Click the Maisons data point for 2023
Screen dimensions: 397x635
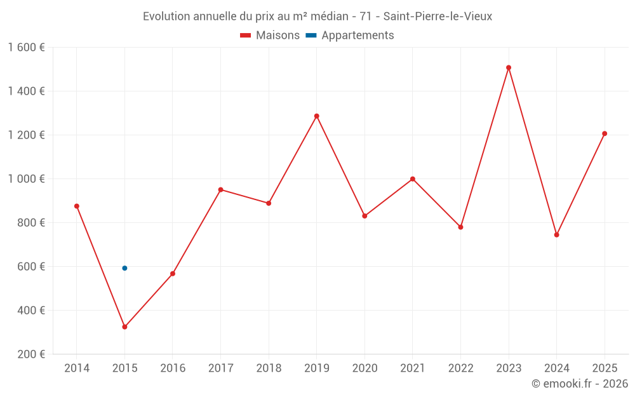pos(509,67)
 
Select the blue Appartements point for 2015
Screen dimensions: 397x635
pos(124,268)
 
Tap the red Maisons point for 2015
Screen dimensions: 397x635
pos(124,327)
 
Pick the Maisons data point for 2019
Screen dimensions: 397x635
pos(317,116)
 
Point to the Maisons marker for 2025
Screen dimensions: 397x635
pos(605,133)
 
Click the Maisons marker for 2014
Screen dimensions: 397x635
pos(77,206)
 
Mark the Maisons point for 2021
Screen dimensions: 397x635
pos(413,179)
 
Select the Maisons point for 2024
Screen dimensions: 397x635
pos(557,235)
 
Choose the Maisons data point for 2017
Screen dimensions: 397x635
pos(221,189)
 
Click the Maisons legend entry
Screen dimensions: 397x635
pos(270,36)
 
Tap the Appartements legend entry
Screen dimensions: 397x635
pos(350,36)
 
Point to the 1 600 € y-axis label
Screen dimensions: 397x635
pos(26,48)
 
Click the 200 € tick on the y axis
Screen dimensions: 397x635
pos(32,354)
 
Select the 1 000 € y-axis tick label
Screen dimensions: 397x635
pos(26,179)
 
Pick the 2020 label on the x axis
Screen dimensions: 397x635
pos(364,368)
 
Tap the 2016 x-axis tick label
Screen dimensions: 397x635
pos(173,368)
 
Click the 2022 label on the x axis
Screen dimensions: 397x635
pos(460,368)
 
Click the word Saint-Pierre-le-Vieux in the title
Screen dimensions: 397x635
pos(438,17)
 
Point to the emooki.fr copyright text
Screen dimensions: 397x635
pos(580,384)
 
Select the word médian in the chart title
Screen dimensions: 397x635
pos(327,17)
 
